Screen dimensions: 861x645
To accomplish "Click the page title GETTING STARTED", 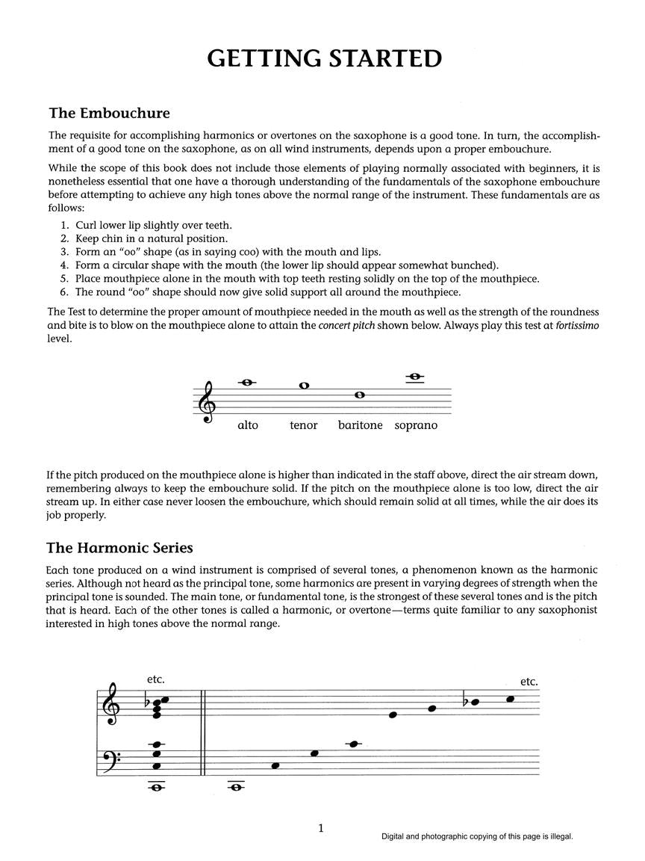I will [x=323, y=58].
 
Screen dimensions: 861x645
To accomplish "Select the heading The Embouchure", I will [x=109, y=114].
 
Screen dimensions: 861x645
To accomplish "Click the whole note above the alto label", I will [x=247, y=383].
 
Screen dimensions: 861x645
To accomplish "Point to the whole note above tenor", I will [x=304, y=386].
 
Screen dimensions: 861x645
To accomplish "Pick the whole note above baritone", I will [x=360, y=395].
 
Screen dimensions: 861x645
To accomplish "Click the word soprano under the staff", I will [x=416, y=425].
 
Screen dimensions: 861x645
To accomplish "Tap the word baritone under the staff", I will [x=360, y=425].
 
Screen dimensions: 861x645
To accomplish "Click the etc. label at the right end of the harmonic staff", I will [x=529, y=682].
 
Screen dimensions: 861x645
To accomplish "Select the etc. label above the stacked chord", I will [x=156, y=679].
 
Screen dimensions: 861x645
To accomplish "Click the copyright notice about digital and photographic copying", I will [x=477, y=838].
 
